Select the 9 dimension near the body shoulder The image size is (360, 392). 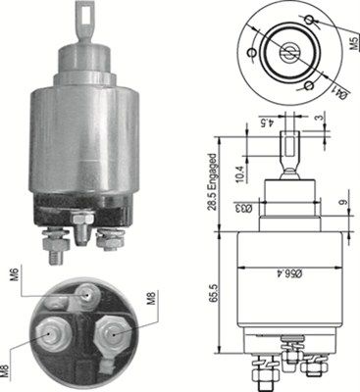tap(342, 206)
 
